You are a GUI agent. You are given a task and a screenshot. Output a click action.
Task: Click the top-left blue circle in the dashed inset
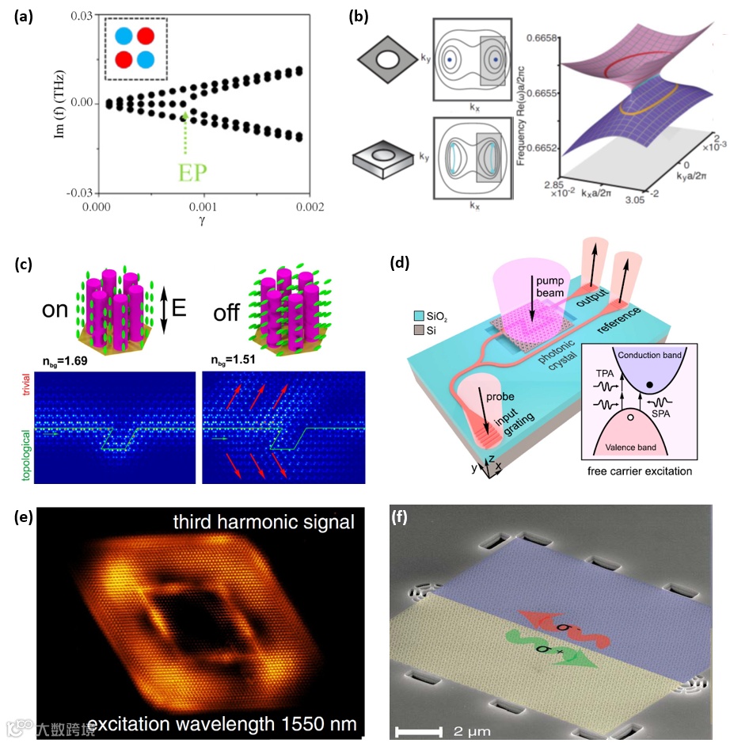tap(123, 36)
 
